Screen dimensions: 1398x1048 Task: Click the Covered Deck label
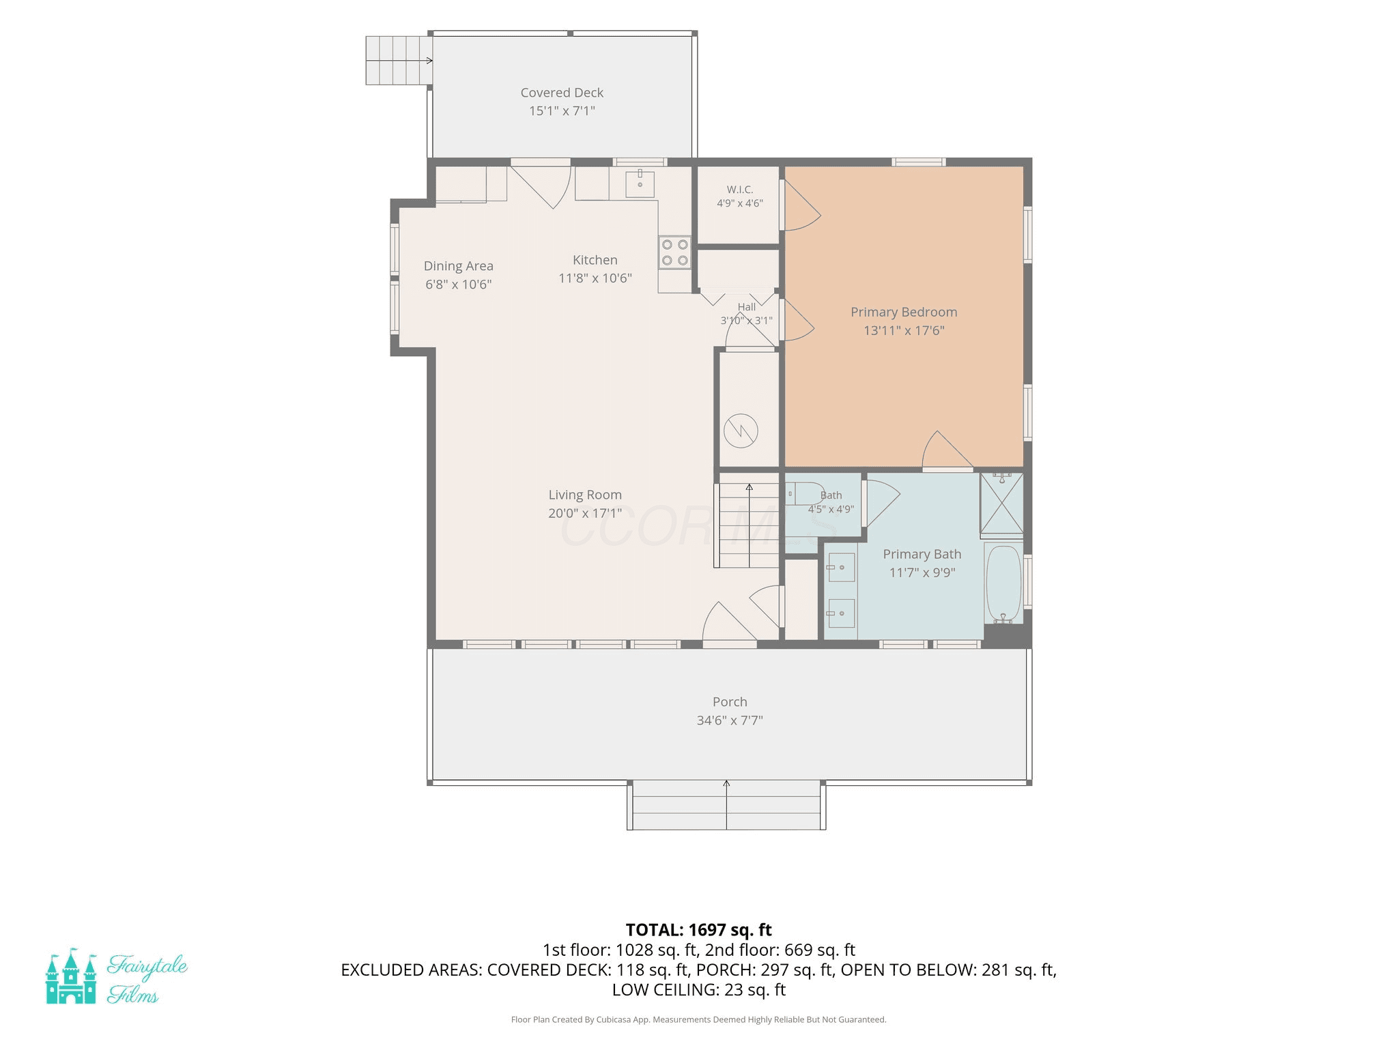point(562,93)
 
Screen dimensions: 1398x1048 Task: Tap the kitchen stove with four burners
point(674,252)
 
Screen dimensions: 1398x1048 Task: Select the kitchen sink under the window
point(640,184)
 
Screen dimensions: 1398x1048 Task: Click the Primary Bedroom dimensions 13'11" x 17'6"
point(904,330)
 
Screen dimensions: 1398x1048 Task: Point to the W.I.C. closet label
point(740,190)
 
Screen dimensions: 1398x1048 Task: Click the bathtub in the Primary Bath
point(1003,584)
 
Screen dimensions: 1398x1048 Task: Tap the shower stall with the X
point(1001,503)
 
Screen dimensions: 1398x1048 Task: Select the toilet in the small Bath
point(803,493)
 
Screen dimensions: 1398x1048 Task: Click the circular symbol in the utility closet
point(741,431)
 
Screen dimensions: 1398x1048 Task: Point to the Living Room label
point(585,495)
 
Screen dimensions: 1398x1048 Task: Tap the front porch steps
point(726,805)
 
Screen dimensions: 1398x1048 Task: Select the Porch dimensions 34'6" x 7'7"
point(730,720)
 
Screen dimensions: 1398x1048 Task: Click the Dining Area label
point(458,266)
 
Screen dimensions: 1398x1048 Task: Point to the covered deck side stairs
point(399,60)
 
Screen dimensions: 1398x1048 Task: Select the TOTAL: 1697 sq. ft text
point(699,930)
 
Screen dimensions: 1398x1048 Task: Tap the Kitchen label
point(595,260)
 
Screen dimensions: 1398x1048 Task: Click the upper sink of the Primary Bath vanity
point(842,567)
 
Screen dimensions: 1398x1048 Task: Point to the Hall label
point(747,307)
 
